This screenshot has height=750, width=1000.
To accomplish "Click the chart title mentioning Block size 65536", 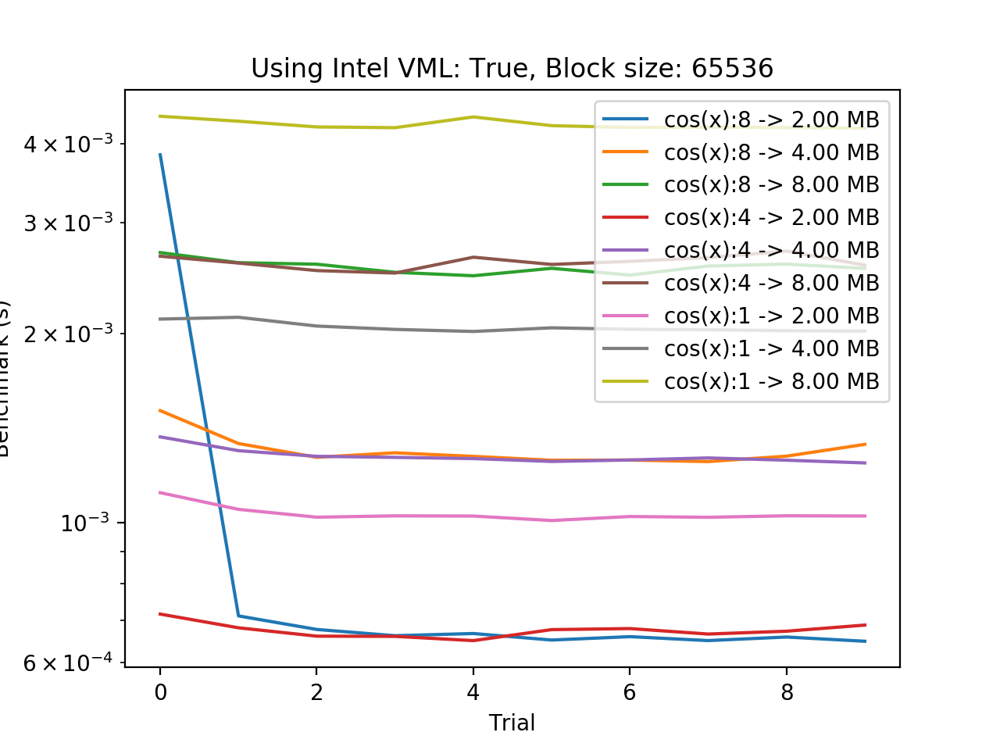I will coord(512,69).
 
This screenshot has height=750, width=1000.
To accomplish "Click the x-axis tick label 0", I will coord(160,692).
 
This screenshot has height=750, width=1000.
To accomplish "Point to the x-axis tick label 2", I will coord(316,692).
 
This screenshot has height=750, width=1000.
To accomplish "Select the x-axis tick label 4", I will coord(473,692).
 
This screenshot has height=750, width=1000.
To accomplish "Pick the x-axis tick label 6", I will coord(630,692).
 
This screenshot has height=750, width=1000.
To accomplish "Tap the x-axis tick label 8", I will coord(787,692).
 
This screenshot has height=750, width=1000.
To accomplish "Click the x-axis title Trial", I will coord(512,723).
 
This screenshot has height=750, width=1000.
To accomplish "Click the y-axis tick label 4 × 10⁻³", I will coord(68,145).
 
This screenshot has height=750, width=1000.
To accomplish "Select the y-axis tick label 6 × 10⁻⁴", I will coord(68,663).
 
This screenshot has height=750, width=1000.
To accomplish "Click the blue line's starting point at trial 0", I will coord(160,154).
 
